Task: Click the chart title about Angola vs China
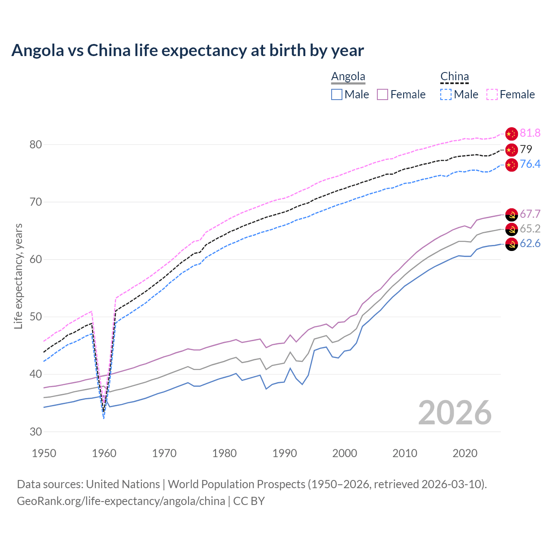[188, 50]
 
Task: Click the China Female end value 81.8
[530, 133]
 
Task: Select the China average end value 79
[526, 149]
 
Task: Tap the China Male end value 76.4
[530, 164]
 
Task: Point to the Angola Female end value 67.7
[530, 214]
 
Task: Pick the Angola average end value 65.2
[530, 229]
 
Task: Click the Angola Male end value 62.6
[530, 243]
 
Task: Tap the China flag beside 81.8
[511, 134]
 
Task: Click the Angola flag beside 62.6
[511, 244]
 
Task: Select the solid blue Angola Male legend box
[337, 94]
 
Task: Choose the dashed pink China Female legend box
[492, 94]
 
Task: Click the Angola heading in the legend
[348, 76]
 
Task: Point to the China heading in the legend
[455, 76]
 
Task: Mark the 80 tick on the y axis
[36, 144]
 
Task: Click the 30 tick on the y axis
[36, 432]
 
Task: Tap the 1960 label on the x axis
[104, 453]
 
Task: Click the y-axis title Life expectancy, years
[18, 276]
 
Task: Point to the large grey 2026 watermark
[455, 413]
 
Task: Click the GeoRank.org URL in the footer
[121, 501]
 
